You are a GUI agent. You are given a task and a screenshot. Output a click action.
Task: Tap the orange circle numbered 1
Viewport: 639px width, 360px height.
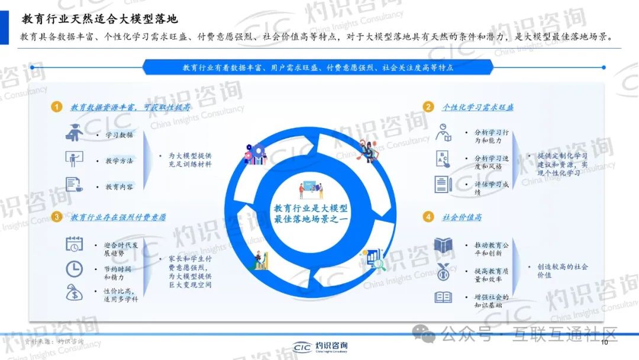(56, 107)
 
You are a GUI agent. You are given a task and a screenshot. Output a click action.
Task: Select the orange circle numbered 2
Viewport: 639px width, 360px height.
(428, 107)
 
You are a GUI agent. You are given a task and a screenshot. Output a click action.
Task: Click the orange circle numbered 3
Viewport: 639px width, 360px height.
(56, 217)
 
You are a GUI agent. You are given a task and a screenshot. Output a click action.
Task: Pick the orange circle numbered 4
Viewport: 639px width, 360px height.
(428, 217)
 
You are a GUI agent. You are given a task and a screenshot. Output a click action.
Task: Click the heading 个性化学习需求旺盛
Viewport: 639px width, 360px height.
(477, 107)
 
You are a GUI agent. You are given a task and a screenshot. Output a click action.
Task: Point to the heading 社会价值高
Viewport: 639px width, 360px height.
(461, 217)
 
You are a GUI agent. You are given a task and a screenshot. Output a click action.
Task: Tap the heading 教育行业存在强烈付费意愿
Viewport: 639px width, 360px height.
(118, 217)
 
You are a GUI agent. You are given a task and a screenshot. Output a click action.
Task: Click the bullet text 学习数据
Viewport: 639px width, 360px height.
(119, 135)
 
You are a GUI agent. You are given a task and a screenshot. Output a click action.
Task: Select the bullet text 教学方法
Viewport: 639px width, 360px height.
(119, 160)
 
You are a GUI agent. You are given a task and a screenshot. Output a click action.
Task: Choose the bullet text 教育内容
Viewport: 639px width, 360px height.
(119, 187)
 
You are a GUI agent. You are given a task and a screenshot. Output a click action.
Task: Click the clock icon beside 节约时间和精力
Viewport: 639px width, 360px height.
(74, 269)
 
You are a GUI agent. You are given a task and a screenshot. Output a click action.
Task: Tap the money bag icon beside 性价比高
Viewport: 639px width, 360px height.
(75, 292)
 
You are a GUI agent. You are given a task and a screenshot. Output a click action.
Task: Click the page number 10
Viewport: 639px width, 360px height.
(604, 343)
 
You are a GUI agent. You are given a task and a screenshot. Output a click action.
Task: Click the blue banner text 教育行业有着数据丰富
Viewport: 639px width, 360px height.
(318, 67)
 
